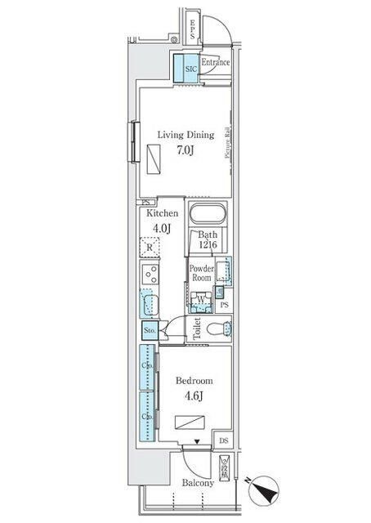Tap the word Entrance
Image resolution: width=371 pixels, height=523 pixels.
coord(215,62)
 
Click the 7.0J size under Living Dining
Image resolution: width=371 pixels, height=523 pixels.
coord(185,150)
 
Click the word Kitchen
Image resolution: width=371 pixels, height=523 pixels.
coord(163,213)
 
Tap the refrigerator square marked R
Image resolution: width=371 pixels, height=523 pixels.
coord(150,248)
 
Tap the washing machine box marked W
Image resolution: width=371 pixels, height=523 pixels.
coord(201,300)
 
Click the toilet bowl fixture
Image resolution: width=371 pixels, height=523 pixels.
coord(217,329)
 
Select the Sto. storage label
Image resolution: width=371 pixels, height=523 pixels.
coord(150,330)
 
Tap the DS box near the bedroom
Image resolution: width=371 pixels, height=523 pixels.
coord(224,441)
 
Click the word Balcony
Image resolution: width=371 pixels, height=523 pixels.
coord(198,482)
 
